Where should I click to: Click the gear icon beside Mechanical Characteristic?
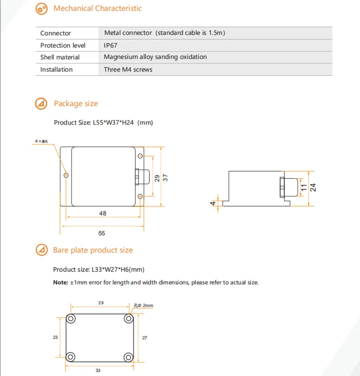tap(41, 9)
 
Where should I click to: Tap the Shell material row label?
tap(60, 57)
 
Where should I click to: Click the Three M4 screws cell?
tap(128, 69)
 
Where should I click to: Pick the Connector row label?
tap(55, 33)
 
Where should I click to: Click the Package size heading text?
tap(76, 104)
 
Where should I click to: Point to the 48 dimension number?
tap(103, 213)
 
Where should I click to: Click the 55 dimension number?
tap(102, 233)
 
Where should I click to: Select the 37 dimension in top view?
tap(165, 177)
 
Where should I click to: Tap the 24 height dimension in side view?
tap(313, 186)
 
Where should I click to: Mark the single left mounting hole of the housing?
tap(66, 175)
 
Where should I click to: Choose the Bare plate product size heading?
tap(93, 250)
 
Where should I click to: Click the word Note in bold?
tap(60, 282)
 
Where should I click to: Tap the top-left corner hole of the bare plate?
tap(71, 319)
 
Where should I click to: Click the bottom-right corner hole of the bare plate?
tap(129, 357)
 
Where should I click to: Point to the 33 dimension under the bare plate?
tap(98, 370)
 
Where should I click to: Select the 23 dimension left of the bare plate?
tap(55, 337)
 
